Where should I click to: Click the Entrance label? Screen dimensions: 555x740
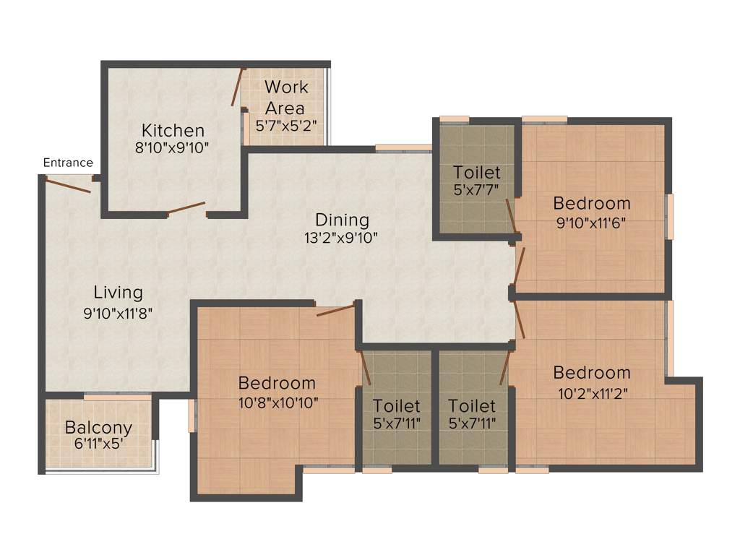pyautogui.click(x=68, y=163)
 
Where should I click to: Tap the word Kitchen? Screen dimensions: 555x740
pyautogui.click(x=173, y=131)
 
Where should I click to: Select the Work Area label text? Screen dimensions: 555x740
pyautogui.click(x=285, y=97)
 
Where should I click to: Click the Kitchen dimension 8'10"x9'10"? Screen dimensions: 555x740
pyautogui.click(x=173, y=148)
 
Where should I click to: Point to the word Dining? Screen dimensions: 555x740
pyautogui.click(x=342, y=220)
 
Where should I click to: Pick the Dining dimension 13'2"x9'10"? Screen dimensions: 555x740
pyautogui.click(x=342, y=238)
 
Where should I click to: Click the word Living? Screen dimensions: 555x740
pyautogui.click(x=119, y=293)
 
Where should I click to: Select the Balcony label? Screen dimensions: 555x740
pyautogui.click(x=98, y=426)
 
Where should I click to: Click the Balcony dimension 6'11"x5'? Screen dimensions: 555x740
pyautogui.click(x=98, y=444)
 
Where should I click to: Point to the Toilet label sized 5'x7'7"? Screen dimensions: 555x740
pyautogui.click(x=477, y=173)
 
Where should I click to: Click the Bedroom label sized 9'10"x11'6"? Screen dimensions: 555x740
pyautogui.click(x=592, y=203)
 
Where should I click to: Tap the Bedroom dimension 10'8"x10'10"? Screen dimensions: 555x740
pyautogui.click(x=277, y=402)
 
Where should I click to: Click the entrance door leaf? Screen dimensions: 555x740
pyautogui.click(x=67, y=186)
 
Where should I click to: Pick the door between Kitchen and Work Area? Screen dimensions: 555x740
pyautogui.click(x=236, y=88)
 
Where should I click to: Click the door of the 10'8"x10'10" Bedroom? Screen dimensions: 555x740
pyautogui.click(x=336, y=311)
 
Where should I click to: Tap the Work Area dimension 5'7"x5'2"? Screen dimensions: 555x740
pyautogui.click(x=285, y=125)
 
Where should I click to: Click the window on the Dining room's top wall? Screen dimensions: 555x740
pyautogui.click(x=403, y=148)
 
